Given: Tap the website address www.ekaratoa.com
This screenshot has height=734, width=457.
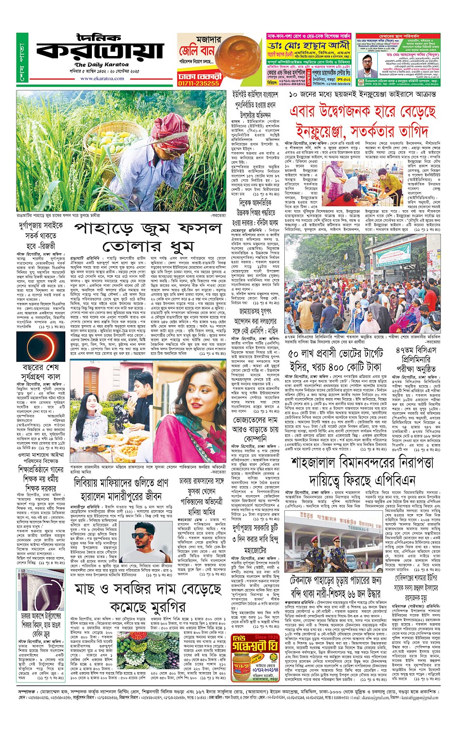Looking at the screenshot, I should (102, 78).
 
